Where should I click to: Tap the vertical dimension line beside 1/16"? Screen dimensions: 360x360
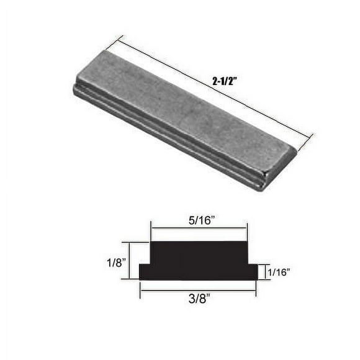click(x=263, y=272)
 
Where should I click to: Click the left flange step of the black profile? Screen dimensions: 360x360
click(x=145, y=272)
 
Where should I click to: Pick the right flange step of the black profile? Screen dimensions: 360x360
click(x=252, y=272)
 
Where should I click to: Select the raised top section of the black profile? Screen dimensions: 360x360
click(x=199, y=251)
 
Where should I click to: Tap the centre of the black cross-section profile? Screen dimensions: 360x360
click(x=199, y=261)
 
